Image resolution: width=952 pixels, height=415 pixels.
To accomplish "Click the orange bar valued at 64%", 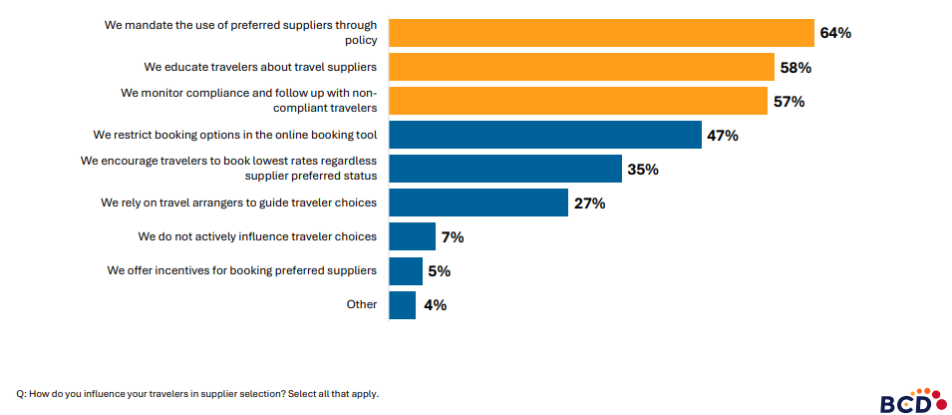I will [601, 33].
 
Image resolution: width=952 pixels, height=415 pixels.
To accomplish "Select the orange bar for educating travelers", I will [581, 67].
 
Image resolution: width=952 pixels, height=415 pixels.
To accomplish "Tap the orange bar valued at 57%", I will [577, 101].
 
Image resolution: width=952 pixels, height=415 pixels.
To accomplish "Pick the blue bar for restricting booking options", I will [545, 135].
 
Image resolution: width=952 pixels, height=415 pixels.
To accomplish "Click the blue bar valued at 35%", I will [504, 169].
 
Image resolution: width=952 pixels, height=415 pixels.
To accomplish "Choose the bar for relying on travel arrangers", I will [477, 203].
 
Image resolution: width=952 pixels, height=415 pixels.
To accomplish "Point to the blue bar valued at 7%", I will [412, 236].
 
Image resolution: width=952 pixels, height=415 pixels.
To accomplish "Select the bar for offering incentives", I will [406, 270].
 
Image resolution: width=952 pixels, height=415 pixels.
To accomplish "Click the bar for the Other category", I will [402, 304].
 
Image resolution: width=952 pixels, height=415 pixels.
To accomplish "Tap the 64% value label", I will [834, 33].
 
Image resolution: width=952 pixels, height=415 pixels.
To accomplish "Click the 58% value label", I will [795, 68].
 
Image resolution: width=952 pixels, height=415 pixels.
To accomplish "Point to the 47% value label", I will [723, 136].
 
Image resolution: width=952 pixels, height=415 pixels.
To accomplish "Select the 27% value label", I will [589, 204].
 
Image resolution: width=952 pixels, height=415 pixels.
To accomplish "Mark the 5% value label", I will [440, 271].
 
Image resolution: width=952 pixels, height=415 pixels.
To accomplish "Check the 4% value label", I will [435, 305].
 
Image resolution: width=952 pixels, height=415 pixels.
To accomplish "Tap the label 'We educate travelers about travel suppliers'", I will [260, 67].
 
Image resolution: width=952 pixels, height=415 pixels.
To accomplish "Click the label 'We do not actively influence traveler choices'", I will [257, 236].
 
